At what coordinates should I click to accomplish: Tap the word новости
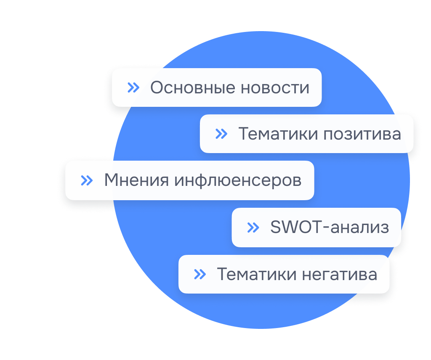[x=275, y=88]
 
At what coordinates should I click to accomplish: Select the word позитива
[x=362, y=134]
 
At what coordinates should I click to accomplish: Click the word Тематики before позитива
[x=278, y=134]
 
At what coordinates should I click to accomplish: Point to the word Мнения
[x=137, y=180]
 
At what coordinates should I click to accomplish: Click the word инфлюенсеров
[x=238, y=181]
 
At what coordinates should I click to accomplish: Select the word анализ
[x=360, y=228]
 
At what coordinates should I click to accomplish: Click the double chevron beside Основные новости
[x=133, y=87]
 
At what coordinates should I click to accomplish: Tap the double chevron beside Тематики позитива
[x=221, y=134]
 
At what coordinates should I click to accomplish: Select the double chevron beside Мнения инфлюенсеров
[x=87, y=180]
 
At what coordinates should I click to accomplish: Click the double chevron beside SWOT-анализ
[x=253, y=228]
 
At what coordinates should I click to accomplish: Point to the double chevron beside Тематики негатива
[x=200, y=274]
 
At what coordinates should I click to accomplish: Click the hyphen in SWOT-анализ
[x=326, y=228]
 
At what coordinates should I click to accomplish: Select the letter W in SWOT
[x=290, y=227]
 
